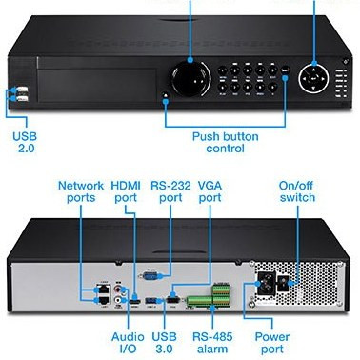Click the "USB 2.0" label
[25, 142]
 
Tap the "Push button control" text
[226, 142]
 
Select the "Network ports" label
[81, 191]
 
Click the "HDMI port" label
[126, 191]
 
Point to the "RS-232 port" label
[170, 191]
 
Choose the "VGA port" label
[210, 191]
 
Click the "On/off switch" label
[297, 191]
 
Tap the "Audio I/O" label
[128, 343]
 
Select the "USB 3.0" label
[164, 343]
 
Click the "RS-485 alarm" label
[212, 343]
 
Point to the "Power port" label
[272, 343]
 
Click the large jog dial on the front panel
[190, 78]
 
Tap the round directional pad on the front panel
[313, 78]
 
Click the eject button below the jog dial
[166, 94]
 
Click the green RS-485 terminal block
[209, 297]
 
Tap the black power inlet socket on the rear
[264, 283]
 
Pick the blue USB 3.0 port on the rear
[150, 300]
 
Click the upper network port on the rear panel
[103, 290]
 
